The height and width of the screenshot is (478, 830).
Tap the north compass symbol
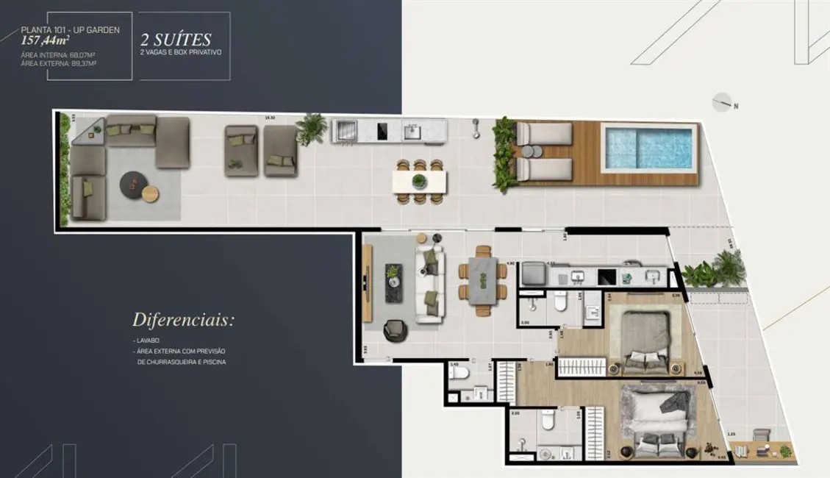click(723, 103)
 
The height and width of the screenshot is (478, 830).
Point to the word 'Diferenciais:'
click(183, 321)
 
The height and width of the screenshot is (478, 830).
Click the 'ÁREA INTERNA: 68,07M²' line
click(60, 55)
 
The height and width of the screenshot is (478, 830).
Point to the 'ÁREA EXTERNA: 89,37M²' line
click(60, 64)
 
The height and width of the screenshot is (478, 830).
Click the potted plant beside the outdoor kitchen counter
click(312, 128)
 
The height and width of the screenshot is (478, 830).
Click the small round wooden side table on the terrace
click(150, 194)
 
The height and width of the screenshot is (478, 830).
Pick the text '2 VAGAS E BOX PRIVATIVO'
click(180, 53)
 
